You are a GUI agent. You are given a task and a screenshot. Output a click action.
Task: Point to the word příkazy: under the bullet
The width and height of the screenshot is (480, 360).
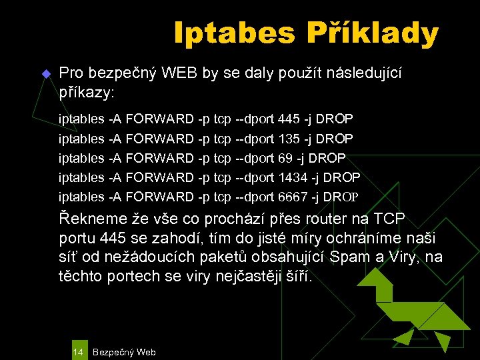point(88,90)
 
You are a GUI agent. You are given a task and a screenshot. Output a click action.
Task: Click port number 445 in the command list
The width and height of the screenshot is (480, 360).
point(288,119)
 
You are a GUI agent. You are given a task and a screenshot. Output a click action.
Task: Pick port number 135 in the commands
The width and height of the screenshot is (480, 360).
point(288,138)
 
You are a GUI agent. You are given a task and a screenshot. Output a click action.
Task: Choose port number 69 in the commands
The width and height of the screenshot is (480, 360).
point(285,158)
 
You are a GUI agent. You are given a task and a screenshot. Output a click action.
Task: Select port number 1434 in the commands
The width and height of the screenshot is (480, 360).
point(291,177)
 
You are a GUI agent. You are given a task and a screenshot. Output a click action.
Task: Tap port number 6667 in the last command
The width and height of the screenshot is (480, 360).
point(292,197)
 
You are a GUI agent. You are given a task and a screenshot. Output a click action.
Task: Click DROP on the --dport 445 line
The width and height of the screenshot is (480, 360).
point(334,119)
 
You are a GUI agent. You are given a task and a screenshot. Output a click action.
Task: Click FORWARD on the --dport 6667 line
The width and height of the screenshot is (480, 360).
point(160,197)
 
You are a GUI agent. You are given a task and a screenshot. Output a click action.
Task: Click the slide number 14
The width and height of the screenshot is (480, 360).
point(78,351)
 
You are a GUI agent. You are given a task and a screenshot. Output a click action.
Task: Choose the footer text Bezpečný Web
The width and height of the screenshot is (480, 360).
point(125,351)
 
